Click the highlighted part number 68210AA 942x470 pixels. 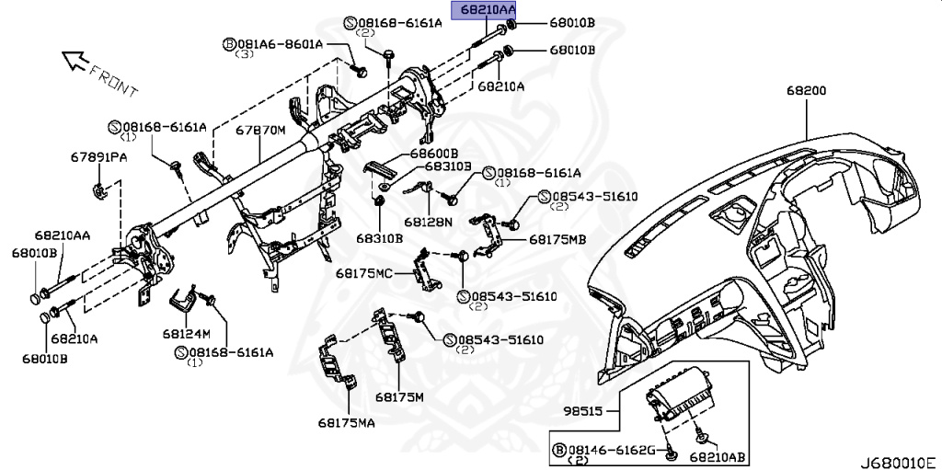point(483,10)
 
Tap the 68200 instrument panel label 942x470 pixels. point(806,92)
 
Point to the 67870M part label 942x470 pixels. point(260,132)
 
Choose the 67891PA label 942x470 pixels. point(98,158)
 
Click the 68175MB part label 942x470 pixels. point(557,239)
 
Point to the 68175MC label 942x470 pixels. point(363,273)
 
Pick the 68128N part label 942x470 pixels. point(428,222)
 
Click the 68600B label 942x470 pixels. point(434,152)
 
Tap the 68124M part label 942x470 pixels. point(187,332)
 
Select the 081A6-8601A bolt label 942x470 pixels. point(272,43)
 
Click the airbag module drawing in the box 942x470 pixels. point(678,404)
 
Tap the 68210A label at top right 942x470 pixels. point(500,86)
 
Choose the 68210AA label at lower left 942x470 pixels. point(63,236)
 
